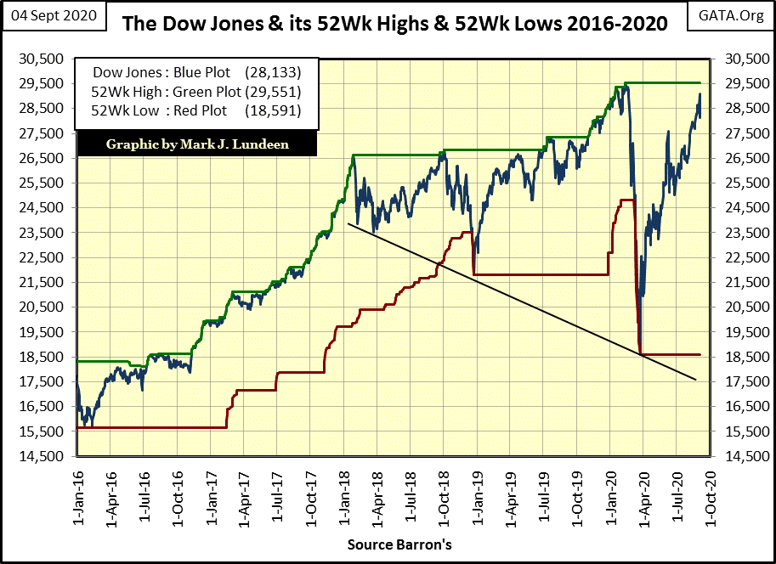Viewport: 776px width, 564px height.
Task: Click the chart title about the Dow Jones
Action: pos(394,22)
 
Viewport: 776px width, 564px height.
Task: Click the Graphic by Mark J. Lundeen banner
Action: pos(196,144)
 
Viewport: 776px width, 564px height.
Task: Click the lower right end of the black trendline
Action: pos(696,379)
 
